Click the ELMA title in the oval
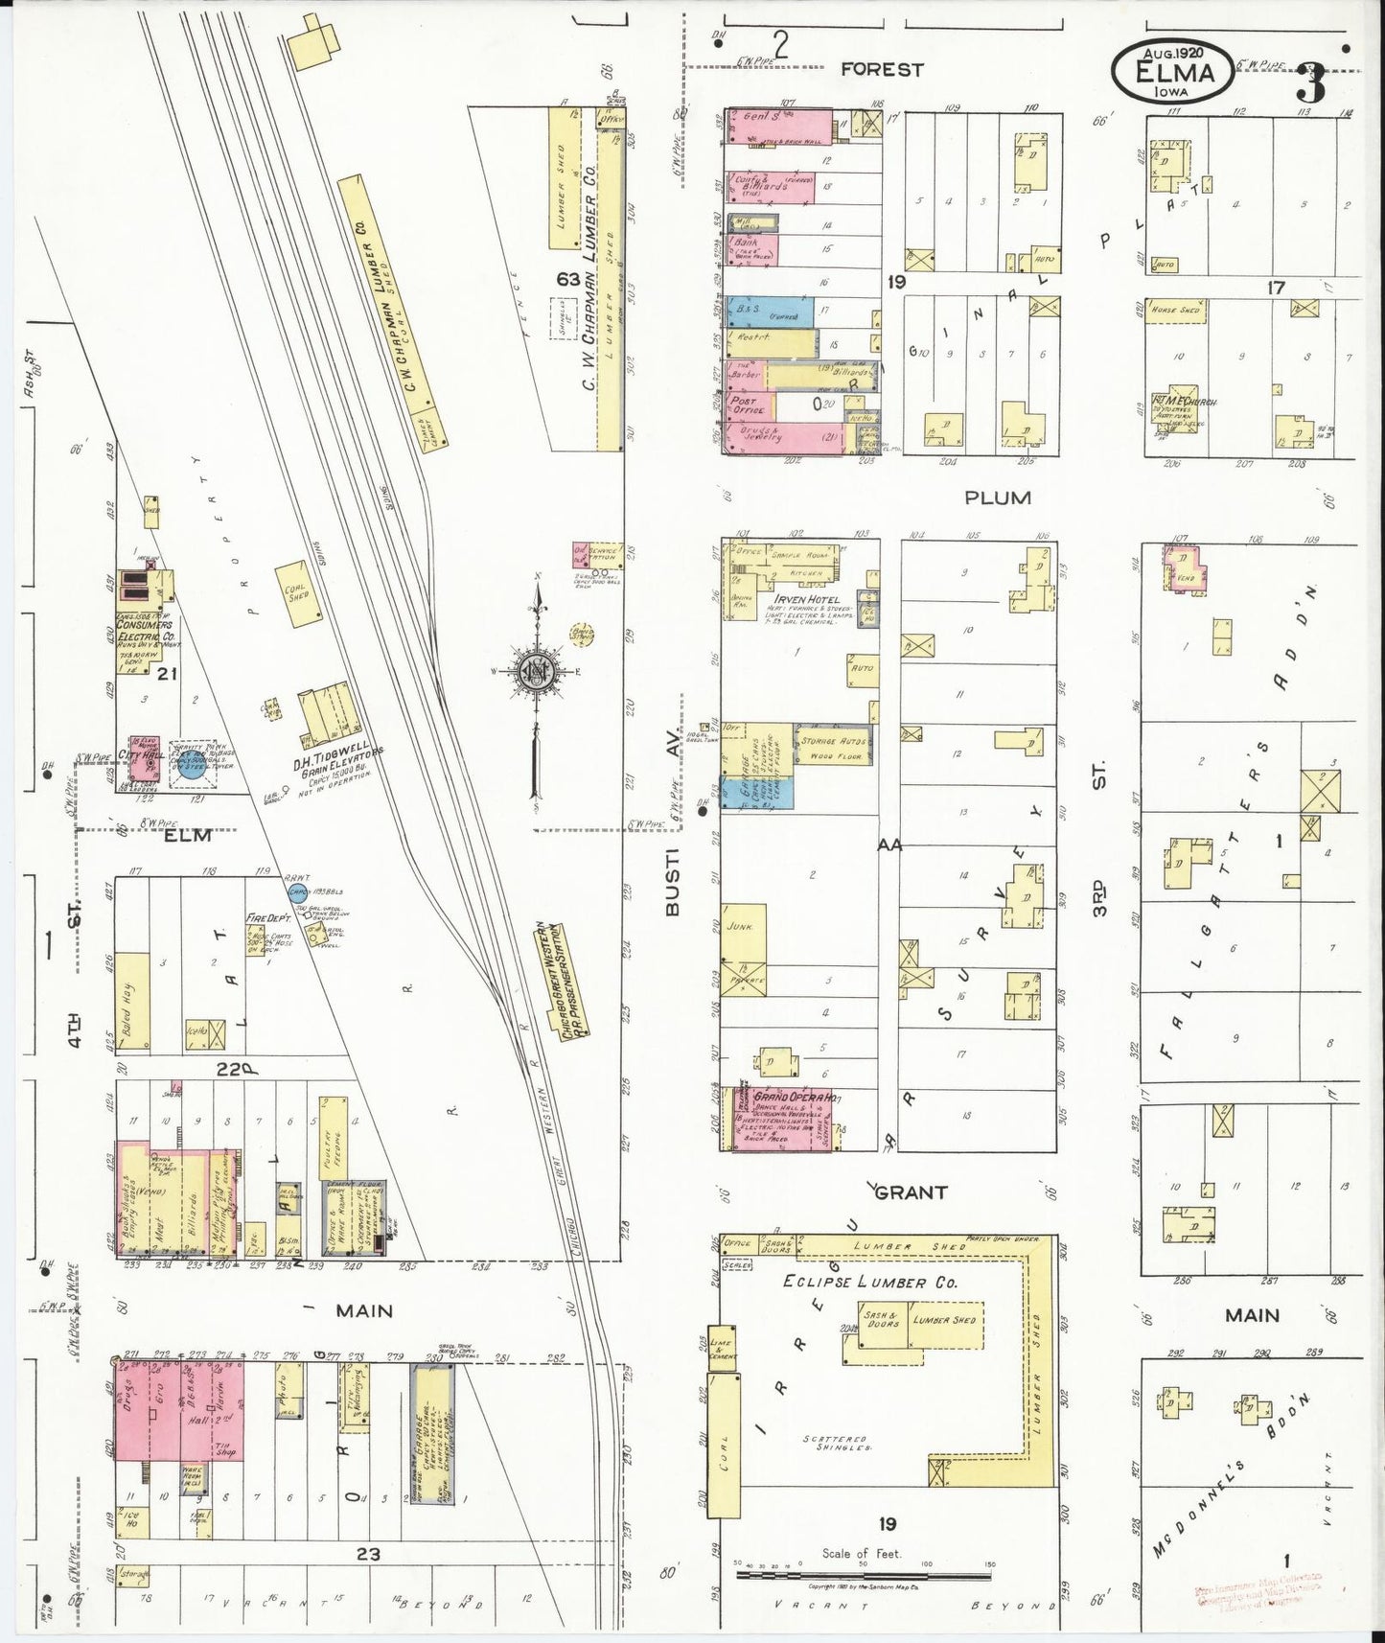(1174, 72)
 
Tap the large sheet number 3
(1310, 84)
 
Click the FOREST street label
(882, 69)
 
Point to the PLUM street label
(998, 498)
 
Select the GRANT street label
(912, 1192)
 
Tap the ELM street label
(187, 835)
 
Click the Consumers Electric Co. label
(144, 631)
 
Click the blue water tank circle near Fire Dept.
(298, 892)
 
